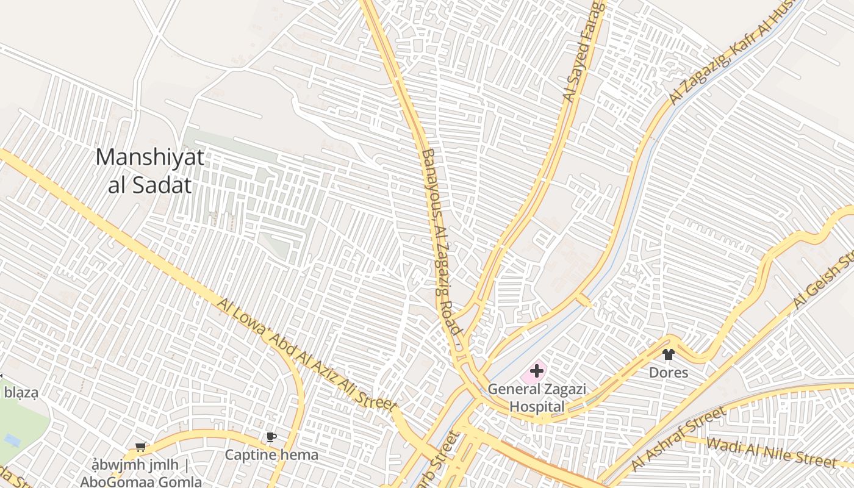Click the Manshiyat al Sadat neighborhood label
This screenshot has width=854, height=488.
point(149,171)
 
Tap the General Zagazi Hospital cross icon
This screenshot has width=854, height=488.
point(537,370)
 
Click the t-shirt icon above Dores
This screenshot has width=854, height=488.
point(668,354)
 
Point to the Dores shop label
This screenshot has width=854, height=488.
point(668,373)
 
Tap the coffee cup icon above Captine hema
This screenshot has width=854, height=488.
point(271,437)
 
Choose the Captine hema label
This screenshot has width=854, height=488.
point(271,454)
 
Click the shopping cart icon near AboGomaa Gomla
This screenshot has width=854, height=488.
point(140,447)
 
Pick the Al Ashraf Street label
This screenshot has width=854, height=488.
point(678,439)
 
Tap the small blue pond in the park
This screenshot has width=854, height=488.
point(12,439)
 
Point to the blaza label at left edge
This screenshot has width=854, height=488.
point(21,393)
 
